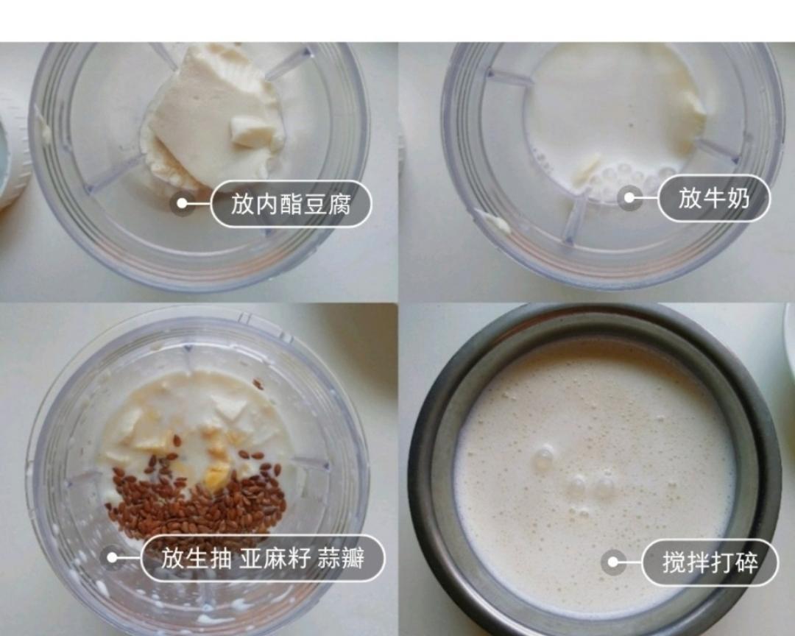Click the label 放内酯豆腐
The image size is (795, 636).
tap(291, 204)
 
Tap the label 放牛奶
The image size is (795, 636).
tap(713, 198)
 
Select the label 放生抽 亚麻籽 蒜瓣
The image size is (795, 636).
tap(263, 558)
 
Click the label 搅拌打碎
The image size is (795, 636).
tap(710, 563)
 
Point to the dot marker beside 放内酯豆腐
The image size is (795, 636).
tap(182, 204)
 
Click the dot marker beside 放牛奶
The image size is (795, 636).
tap(629, 197)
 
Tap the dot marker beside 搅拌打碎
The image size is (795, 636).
tap(612, 563)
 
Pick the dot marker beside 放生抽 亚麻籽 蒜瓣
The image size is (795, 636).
tap(112, 558)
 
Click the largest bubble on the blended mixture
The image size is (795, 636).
tap(543, 458)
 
